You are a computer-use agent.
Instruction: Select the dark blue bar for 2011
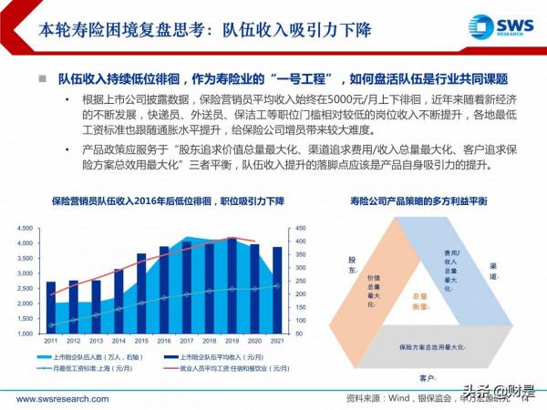point(51,307)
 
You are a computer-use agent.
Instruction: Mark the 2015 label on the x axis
point(141,342)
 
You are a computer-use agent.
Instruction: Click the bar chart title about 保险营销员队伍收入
point(151,200)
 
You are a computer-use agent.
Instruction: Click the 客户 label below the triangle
point(427,376)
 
